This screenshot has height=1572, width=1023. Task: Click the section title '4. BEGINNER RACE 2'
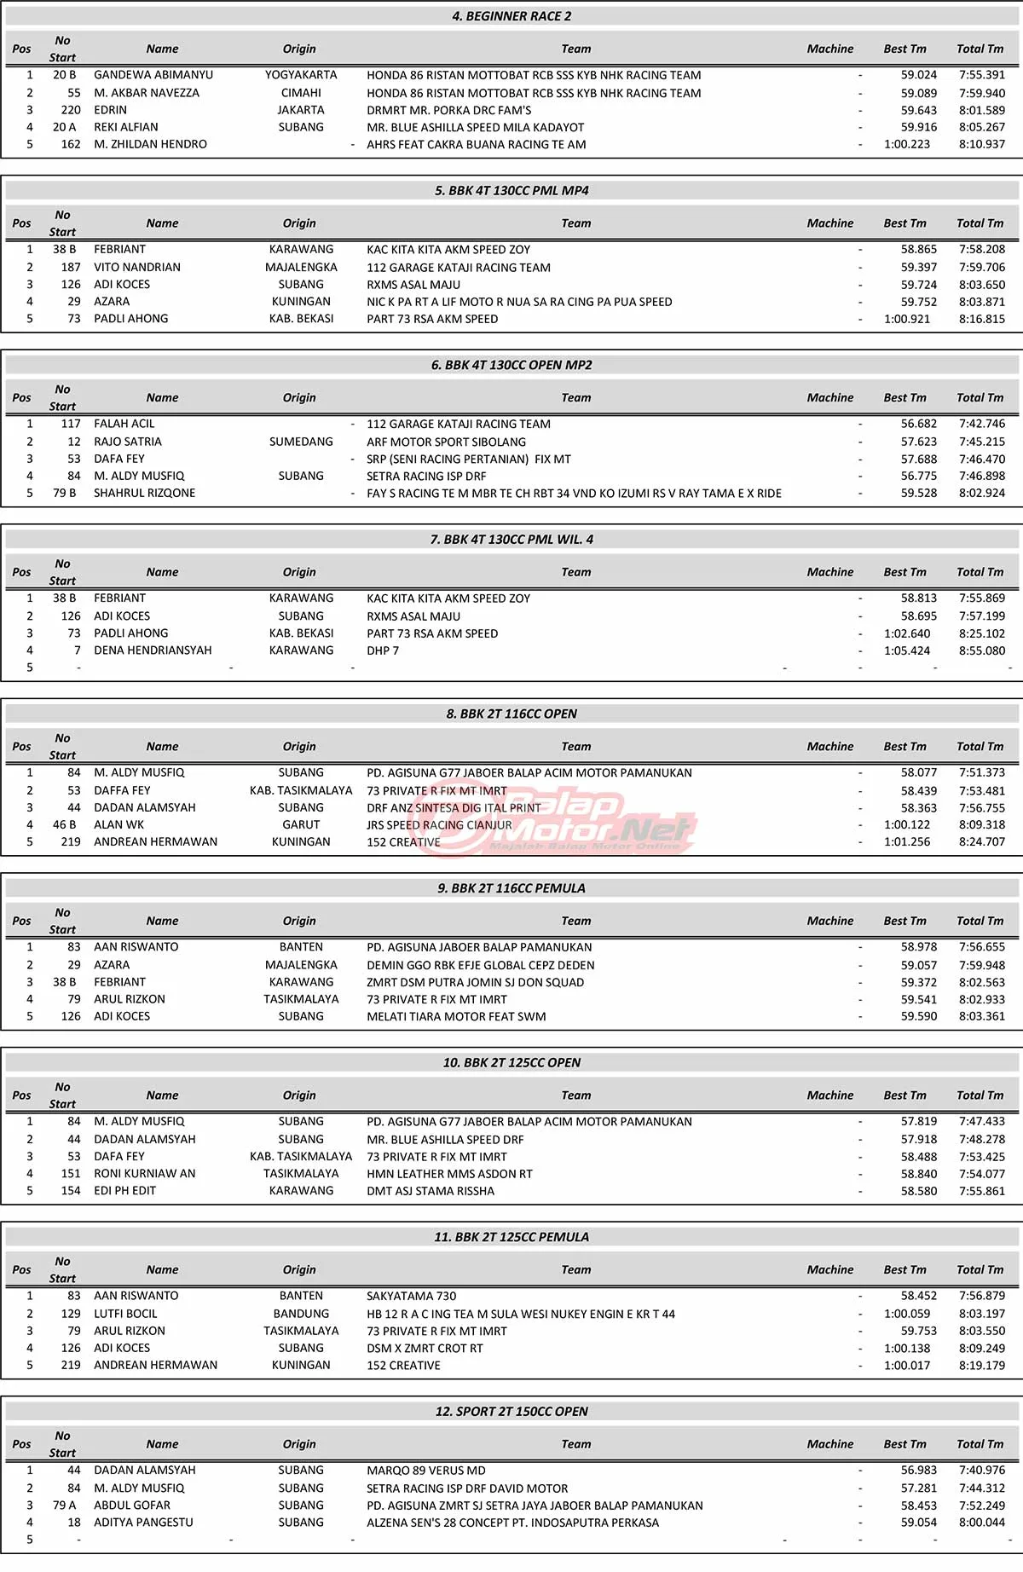[x=511, y=16]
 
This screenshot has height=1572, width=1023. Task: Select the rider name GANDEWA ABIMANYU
[x=153, y=75]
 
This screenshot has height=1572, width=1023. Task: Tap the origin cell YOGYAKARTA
[x=301, y=75]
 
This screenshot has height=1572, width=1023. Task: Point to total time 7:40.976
[x=981, y=1471]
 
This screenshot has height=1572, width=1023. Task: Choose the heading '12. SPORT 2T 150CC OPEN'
[x=511, y=1412]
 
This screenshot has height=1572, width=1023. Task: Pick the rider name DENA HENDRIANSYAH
[x=153, y=650]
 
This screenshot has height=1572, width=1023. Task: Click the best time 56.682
[x=918, y=424]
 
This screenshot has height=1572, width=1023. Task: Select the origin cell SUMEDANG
[x=301, y=442]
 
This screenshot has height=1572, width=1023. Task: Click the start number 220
[x=71, y=110]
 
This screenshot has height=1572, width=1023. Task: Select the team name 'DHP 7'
[x=383, y=650]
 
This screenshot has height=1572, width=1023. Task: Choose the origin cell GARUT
[x=301, y=824]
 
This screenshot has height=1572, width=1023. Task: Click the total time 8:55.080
[x=981, y=650]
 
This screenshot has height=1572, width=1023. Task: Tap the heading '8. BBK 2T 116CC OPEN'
[x=511, y=714]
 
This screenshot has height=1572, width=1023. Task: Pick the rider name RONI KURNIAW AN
[x=144, y=1174]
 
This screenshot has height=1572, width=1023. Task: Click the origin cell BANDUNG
[x=301, y=1314]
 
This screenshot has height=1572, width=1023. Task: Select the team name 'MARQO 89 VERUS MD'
[x=425, y=1471]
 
